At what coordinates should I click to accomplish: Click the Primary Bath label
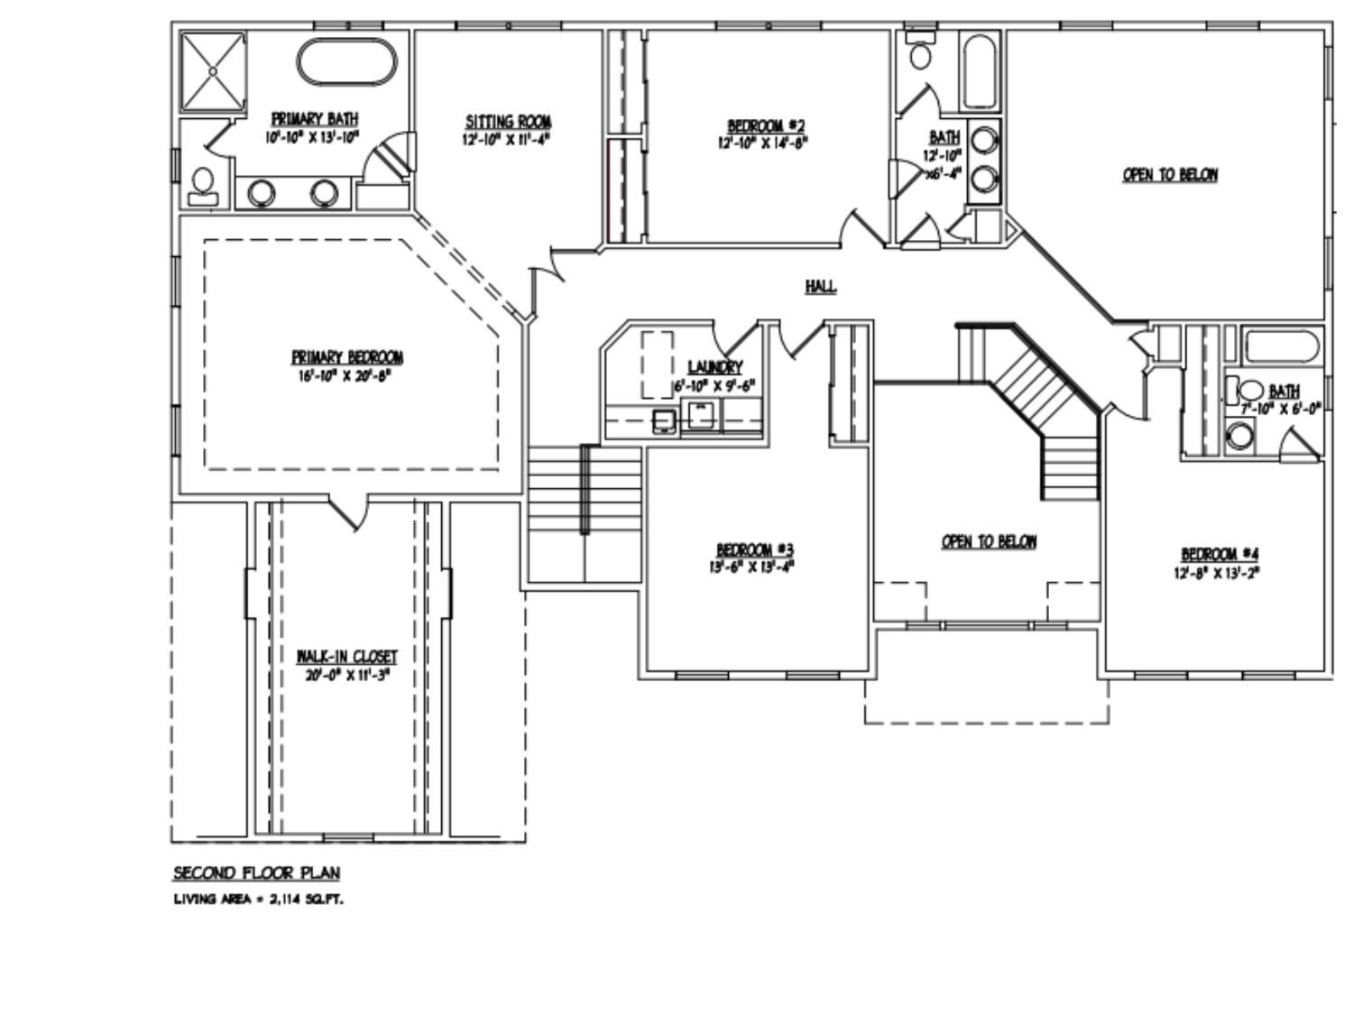tap(314, 119)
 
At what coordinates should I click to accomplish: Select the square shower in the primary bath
tap(213, 72)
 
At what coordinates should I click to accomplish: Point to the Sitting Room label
tap(508, 122)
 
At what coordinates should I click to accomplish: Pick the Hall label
tap(820, 286)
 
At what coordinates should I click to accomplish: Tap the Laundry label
tap(714, 367)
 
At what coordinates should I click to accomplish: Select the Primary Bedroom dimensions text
tap(346, 375)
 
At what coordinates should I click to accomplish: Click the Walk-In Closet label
tap(346, 656)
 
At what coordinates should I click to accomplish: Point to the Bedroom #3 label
tap(755, 549)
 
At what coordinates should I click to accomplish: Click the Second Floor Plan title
tap(257, 872)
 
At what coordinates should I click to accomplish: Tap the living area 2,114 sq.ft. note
tap(259, 900)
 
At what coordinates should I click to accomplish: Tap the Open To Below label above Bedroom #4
tap(1170, 174)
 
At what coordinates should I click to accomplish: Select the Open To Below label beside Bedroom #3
tap(989, 541)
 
